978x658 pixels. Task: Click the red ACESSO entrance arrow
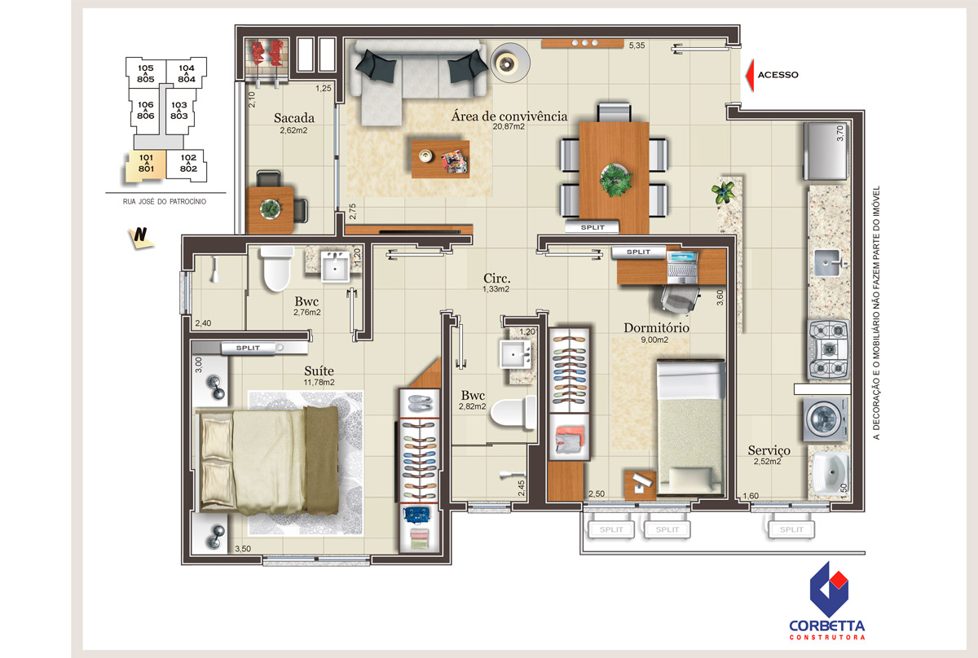point(750,75)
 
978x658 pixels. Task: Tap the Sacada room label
point(294,118)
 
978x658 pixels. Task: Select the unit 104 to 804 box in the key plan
point(187,72)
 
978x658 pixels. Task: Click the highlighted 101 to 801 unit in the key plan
point(146,165)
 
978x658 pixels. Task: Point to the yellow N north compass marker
point(140,237)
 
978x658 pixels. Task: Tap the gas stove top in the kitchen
point(828,349)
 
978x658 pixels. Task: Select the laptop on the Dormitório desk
point(682,267)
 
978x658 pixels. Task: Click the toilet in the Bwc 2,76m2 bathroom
point(277,269)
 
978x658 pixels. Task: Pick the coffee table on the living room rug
point(441,159)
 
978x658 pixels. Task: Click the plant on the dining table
point(615,179)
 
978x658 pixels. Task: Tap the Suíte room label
point(319,371)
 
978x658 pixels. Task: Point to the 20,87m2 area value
point(509,126)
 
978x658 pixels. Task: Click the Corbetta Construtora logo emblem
point(828,590)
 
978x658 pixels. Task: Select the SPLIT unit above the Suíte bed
point(248,348)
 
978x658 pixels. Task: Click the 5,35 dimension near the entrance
point(637,46)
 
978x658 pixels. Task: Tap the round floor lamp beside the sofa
point(510,64)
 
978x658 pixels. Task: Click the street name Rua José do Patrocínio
point(165,202)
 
